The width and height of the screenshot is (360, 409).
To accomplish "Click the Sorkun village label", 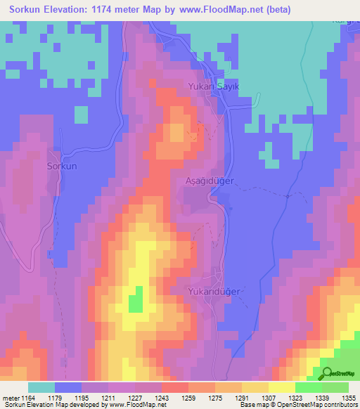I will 61,167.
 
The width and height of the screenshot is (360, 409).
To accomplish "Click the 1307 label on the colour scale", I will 270,398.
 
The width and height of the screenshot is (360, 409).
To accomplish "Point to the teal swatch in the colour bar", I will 41,387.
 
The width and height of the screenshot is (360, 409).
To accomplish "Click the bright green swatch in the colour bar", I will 308,387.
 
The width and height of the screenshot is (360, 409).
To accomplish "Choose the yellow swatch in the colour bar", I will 281,387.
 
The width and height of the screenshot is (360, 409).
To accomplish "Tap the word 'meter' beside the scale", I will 11,398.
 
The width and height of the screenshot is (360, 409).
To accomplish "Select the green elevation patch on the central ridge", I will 135,300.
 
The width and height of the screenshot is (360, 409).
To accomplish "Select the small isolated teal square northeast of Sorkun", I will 81,115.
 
